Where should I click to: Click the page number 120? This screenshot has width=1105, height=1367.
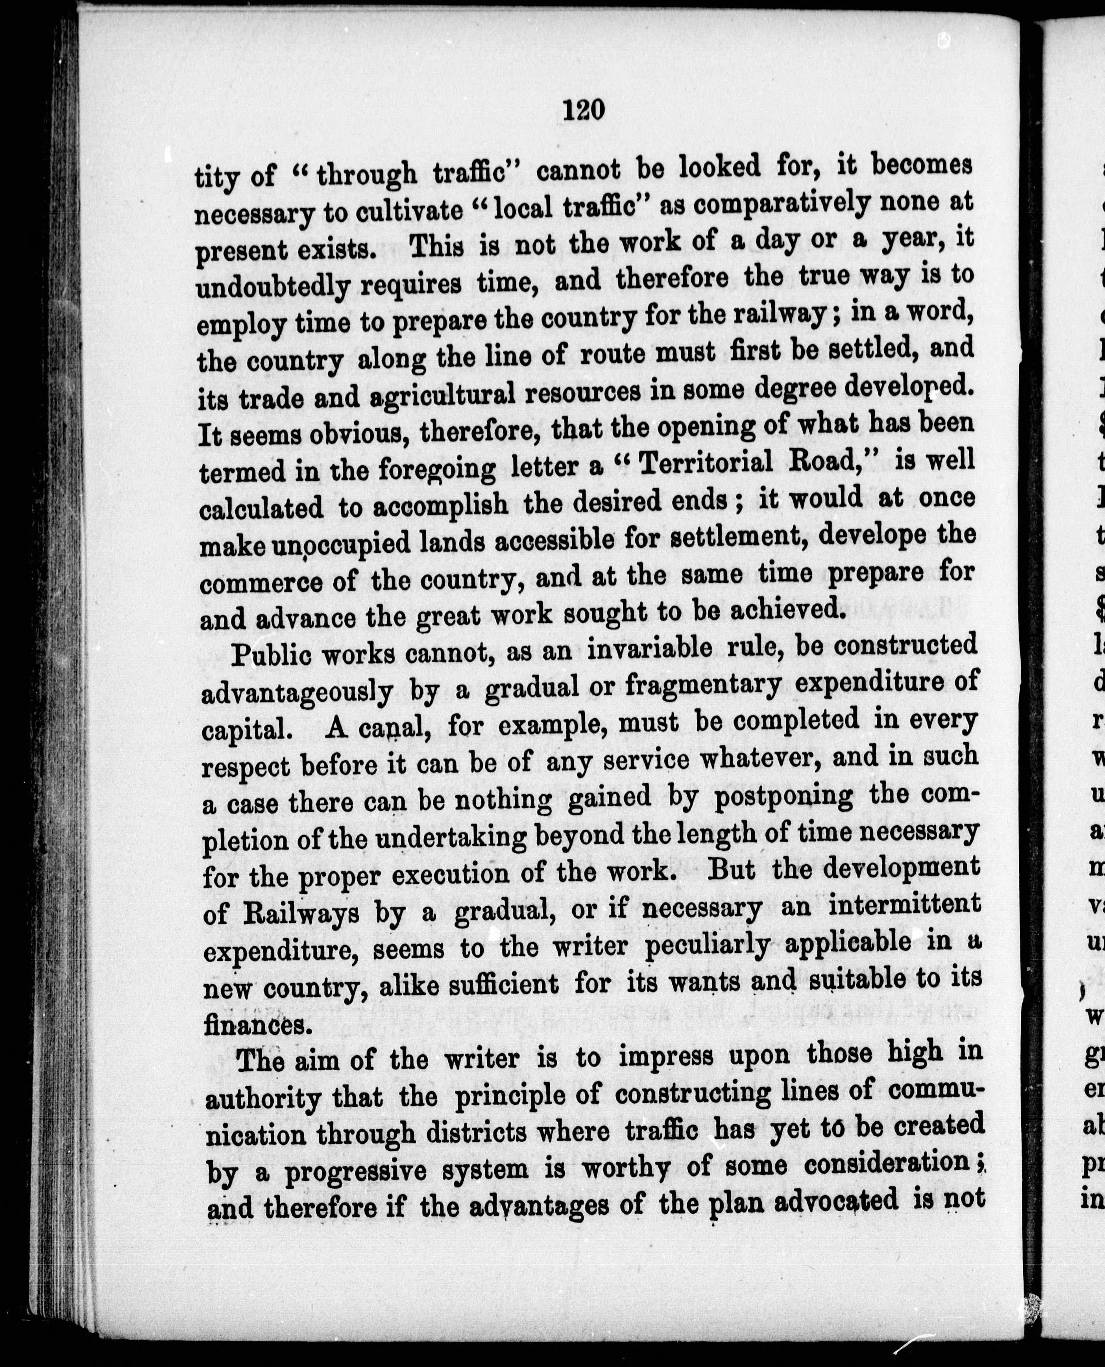(x=583, y=111)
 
